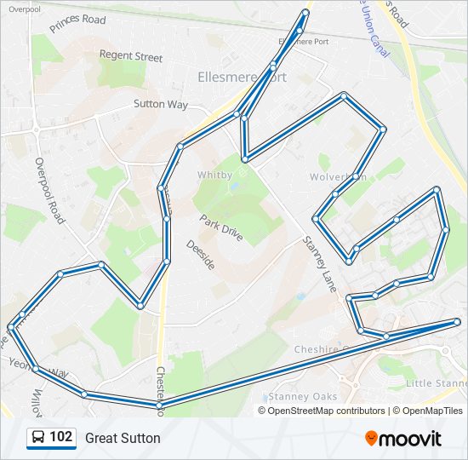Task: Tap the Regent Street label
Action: click(x=130, y=56)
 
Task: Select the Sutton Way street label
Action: click(x=160, y=104)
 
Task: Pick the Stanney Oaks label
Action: click(x=302, y=396)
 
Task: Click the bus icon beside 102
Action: click(x=38, y=438)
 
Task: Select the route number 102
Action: click(x=60, y=438)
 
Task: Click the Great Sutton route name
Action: click(x=123, y=439)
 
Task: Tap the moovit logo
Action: click(x=403, y=439)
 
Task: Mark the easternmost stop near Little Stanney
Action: click(x=458, y=321)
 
